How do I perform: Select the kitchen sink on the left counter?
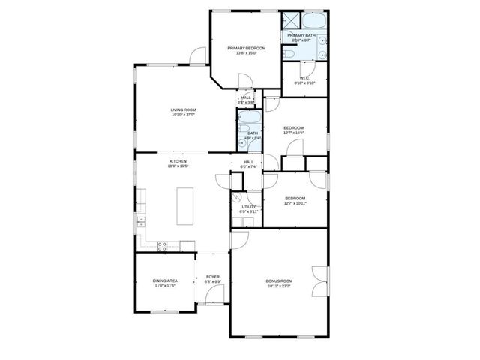coord(140,221)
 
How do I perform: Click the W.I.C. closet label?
coord(305,77)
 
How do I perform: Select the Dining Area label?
coord(164,281)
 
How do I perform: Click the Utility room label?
coord(248,207)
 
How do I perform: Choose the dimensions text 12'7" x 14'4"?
coord(293,133)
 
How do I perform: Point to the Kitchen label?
coord(178,161)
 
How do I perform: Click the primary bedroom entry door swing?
coord(244,81)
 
